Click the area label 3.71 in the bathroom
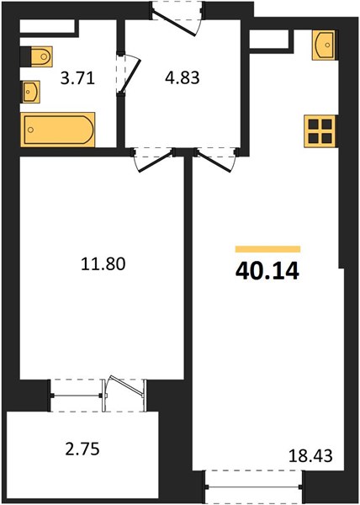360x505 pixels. pos(77,78)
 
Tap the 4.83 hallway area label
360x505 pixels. pos(182,78)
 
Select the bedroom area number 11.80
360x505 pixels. pos(103,263)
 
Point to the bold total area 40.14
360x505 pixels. pos(267,271)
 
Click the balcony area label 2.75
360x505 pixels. pos(82,449)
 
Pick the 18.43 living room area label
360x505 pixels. pos(310,456)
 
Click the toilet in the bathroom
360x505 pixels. pos(42,56)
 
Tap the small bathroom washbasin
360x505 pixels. pos(30,92)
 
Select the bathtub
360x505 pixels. pos(58,130)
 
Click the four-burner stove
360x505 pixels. pos(320,131)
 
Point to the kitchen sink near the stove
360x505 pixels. pos(324,45)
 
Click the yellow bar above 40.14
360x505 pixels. pos(267,249)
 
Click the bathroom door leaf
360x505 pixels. pos(130,76)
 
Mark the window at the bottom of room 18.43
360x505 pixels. pos(254,486)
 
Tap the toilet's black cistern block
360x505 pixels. pos(26,56)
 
